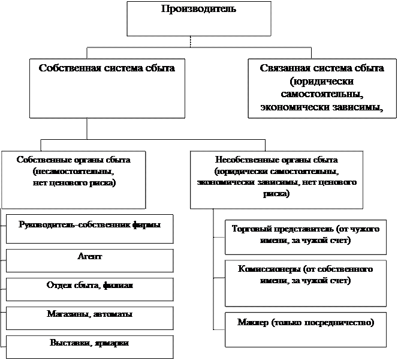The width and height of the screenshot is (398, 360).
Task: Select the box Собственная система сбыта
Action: click(x=107, y=88)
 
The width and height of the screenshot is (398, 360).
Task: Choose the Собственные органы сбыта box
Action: click(x=74, y=179)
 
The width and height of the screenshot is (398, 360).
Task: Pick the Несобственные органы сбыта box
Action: click(x=276, y=179)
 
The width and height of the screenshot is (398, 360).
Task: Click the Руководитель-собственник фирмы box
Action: click(x=90, y=229)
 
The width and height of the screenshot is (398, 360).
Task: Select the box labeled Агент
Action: click(x=90, y=259)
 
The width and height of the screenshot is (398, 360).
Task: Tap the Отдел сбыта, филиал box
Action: click(x=90, y=288)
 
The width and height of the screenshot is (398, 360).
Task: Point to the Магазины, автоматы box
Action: click(x=90, y=317)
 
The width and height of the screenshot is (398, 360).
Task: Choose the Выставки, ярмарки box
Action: click(x=90, y=346)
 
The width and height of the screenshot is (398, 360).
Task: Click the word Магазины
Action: click(x=65, y=314)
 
